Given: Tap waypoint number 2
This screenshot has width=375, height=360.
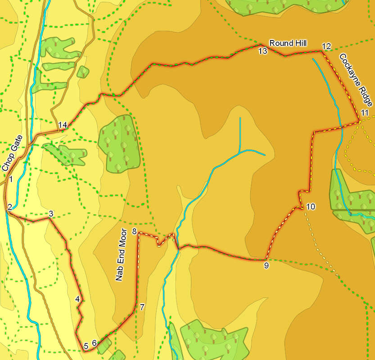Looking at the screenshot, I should pyautogui.click(x=9, y=207).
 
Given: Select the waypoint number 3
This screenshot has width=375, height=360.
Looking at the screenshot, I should pyautogui.click(x=51, y=213).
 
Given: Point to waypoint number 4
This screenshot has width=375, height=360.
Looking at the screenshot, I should pyautogui.click(x=77, y=299).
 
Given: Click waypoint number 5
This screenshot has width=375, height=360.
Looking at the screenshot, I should pyautogui.click(x=86, y=346).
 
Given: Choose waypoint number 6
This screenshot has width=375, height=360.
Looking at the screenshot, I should pyautogui.click(x=95, y=343).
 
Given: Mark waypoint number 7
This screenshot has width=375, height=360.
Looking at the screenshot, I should pyautogui.click(x=142, y=307).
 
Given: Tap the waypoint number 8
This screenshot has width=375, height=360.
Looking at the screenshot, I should pyautogui.click(x=134, y=231).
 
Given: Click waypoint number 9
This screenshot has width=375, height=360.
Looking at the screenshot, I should pyautogui.click(x=266, y=265).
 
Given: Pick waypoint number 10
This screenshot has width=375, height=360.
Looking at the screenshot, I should pyautogui.click(x=311, y=207).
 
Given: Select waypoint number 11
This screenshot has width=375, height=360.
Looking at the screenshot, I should pyautogui.click(x=365, y=112).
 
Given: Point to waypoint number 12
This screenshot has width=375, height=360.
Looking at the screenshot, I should pyautogui.click(x=326, y=46).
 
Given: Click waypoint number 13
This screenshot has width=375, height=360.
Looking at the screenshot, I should pyautogui.click(x=263, y=51).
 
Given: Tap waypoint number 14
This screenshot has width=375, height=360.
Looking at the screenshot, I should pyautogui.click(x=63, y=125).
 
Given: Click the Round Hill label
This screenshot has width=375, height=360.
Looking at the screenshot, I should pyautogui.click(x=288, y=43).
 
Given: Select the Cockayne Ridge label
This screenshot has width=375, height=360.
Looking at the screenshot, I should pyautogui.click(x=354, y=79).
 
